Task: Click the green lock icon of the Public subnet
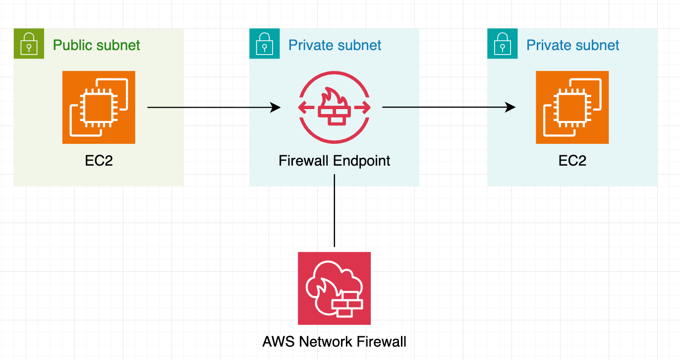click(x=29, y=44)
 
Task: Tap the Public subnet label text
click(x=97, y=45)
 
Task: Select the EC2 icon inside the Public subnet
click(x=99, y=107)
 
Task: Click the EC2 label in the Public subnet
click(x=99, y=161)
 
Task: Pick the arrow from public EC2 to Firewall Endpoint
click(x=213, y=107)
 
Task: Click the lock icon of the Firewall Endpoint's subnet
click(x=265, y=44)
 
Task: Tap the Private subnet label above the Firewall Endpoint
click(x=335, y=45)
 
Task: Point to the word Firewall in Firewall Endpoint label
click(x=304, y=161)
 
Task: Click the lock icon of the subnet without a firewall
click(x=503, y=44)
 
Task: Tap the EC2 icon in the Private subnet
click(x=572, y=107)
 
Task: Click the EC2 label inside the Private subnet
click(x=572, y=161)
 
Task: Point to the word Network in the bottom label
click(x=328, y=342)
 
